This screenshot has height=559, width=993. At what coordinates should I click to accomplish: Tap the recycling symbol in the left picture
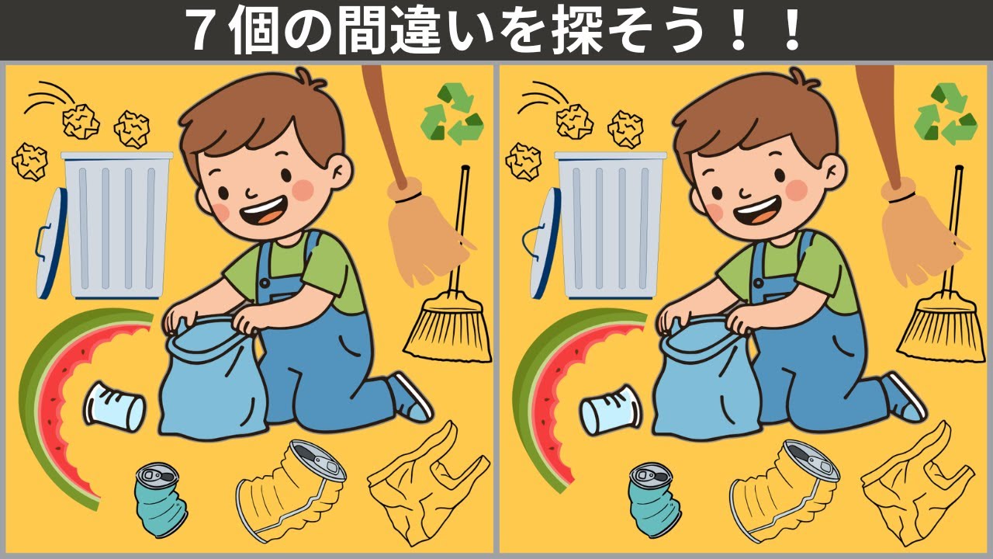[x=452, y=114]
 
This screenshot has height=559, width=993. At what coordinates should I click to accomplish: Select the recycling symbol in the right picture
[x=946, y=114]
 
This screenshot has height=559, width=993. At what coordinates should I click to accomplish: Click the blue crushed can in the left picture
[x=160, y=499]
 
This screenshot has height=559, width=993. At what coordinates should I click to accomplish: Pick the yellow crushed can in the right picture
[x=784, y=489]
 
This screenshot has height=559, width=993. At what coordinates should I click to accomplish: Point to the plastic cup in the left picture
[x=115, y=406]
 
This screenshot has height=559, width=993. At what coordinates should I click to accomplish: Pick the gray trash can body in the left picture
[x=116, y=225]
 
